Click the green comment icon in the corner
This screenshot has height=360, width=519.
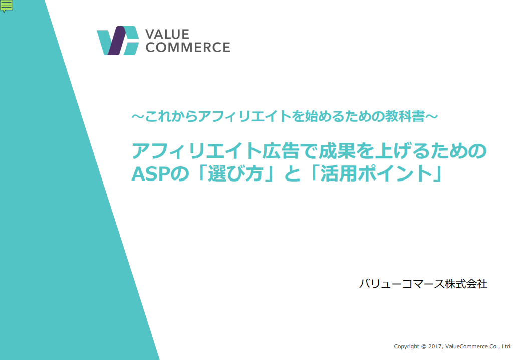pos(7,6)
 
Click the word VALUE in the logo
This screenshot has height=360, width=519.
pos(167,34)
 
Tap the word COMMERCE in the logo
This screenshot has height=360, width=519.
pos(188,47)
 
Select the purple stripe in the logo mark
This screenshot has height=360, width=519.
pos(117,41)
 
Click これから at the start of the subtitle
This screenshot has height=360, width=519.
pos(171,116)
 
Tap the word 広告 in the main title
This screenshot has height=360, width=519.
pos(281,151)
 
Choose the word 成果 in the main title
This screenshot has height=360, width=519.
pos(337,151)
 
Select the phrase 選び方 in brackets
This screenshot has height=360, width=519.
pos(235,173)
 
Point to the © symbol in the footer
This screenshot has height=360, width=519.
pos(424,346)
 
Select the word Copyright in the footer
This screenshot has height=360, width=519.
pos(406,347)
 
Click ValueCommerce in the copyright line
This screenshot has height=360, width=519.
pos(466,346)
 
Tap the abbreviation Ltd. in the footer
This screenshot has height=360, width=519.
pos(507,346)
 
